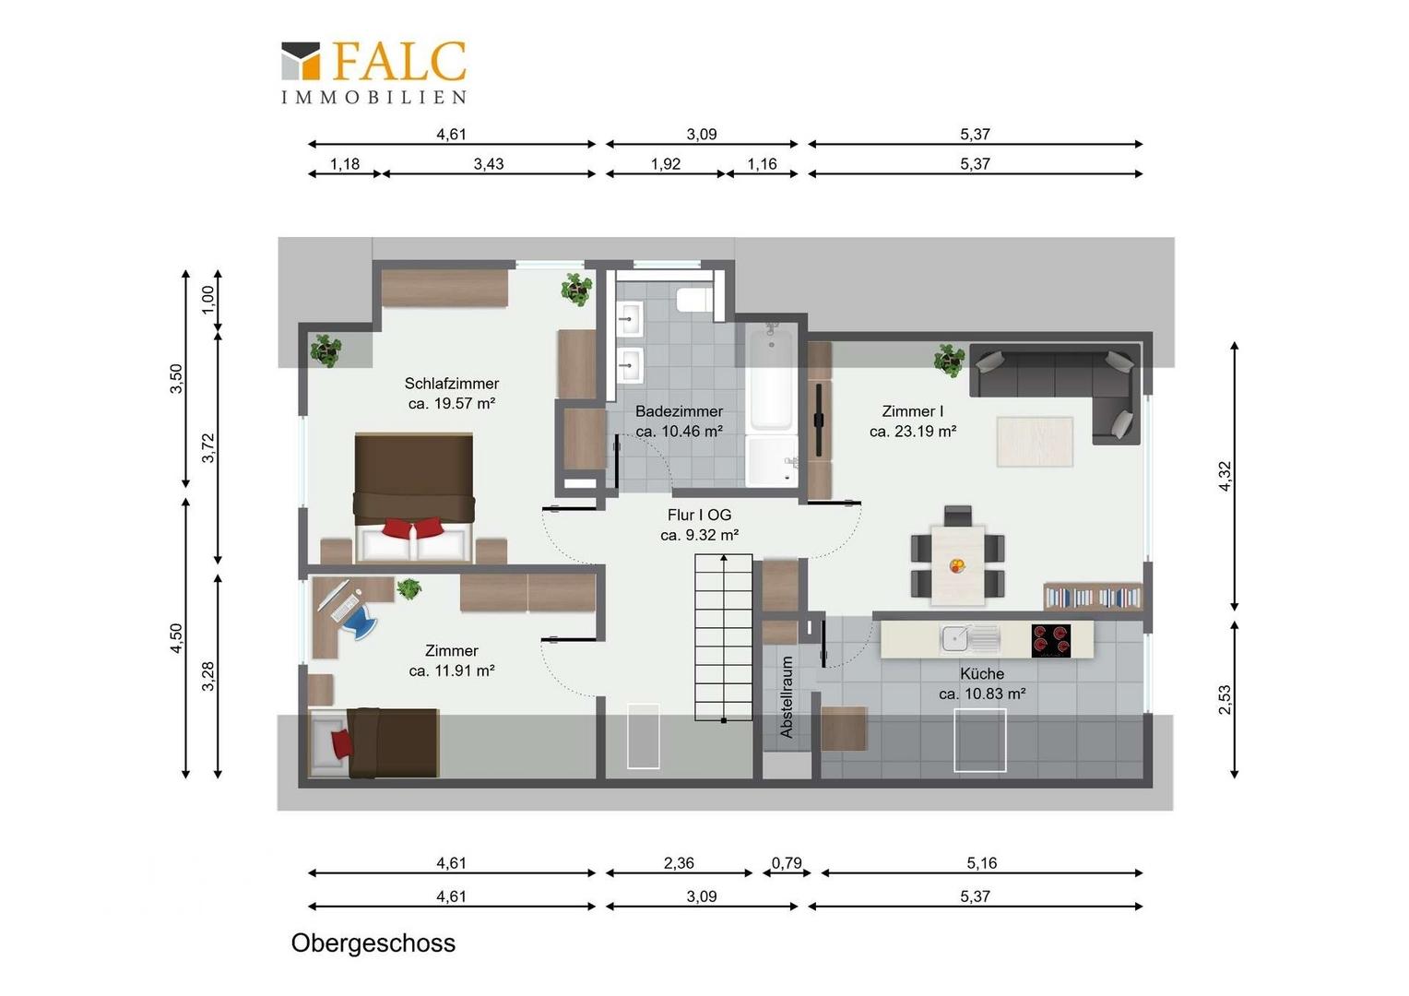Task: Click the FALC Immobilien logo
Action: pyautogui.click(x=373, y=72)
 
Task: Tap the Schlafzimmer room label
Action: pyautogui.click(x=452, y=383)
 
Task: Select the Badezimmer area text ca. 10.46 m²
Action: pyautogui.click(x=679, y=432)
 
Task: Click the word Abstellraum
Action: pyautogui.click(x=787, y=697)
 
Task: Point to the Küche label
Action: pyautogui.click(x=982, y=674)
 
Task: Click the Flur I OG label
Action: pyautogui.click(x=700, y=515)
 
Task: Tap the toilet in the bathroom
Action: pyautogui.click(x=694, y=299)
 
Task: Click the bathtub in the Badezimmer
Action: pyautogui.click(x=771, y=376)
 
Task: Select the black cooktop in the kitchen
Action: pyautogui.click(x=1050, y=641)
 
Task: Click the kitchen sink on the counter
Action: pyautogui.click(x=969, y=639)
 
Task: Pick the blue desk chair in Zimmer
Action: pyautogui.click(x=361, y=620)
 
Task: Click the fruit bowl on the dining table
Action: pyautogui.click(x=957, y=565)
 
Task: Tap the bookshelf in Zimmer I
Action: pyautogui.click(x=1094, y=596)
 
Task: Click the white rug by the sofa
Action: pyautogui.click(x=1035, y=441)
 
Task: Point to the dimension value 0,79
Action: pyautogui.click(x=787, y=862)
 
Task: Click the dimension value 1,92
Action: pyautogui.click(x=666, y=163)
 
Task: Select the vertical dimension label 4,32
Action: pyautogui.click(x=1224, y=476)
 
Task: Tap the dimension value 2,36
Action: pyautogui.click(x=679, y=862)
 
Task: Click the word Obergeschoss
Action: pyautogui.click(x=373, y=943)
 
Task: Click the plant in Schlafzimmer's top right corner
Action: pyautogui.click(x=576, y=289)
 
